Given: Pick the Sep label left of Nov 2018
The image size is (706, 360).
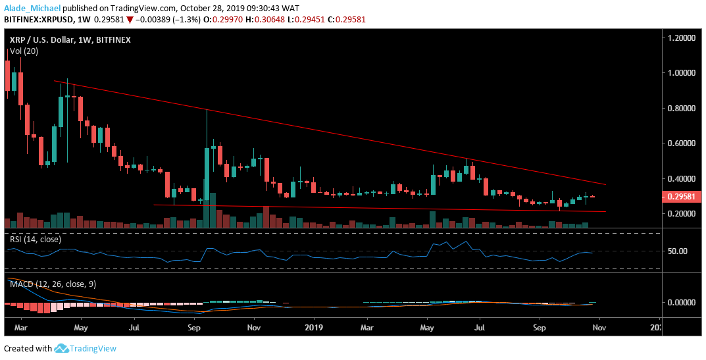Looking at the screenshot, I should point(194,326).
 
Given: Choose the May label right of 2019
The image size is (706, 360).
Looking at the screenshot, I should point(428,326).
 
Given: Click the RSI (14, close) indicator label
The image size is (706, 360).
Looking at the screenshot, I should point(35,240).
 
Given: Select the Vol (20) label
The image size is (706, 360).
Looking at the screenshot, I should point(24,51).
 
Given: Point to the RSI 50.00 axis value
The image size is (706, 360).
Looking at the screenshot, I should point(678,251).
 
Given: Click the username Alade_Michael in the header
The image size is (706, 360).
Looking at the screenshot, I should point(32,9).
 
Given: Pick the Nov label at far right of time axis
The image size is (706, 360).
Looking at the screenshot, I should point(599,326).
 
